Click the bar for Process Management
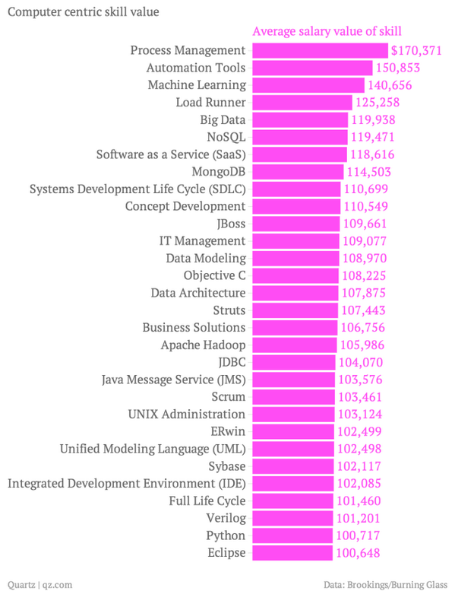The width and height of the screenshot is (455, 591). coord(319,50)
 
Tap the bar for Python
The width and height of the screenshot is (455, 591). coord(292,535)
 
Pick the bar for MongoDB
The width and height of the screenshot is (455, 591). coord(297,171)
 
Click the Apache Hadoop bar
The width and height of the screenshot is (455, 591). coord(293,345)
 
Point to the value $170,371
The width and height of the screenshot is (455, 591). coord(416,50)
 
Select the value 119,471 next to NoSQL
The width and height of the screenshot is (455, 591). coord(372,137)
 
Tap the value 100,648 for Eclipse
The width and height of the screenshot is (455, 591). coord(357,553)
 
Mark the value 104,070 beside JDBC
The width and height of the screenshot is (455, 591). coord(359,362)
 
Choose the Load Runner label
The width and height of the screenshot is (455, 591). coord(210,102)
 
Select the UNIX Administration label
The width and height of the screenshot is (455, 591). coord(187,415)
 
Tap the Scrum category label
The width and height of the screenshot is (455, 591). coord(228,397)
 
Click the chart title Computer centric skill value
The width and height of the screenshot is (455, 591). coord(83,12)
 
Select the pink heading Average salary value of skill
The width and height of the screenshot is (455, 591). coord(327,31)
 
